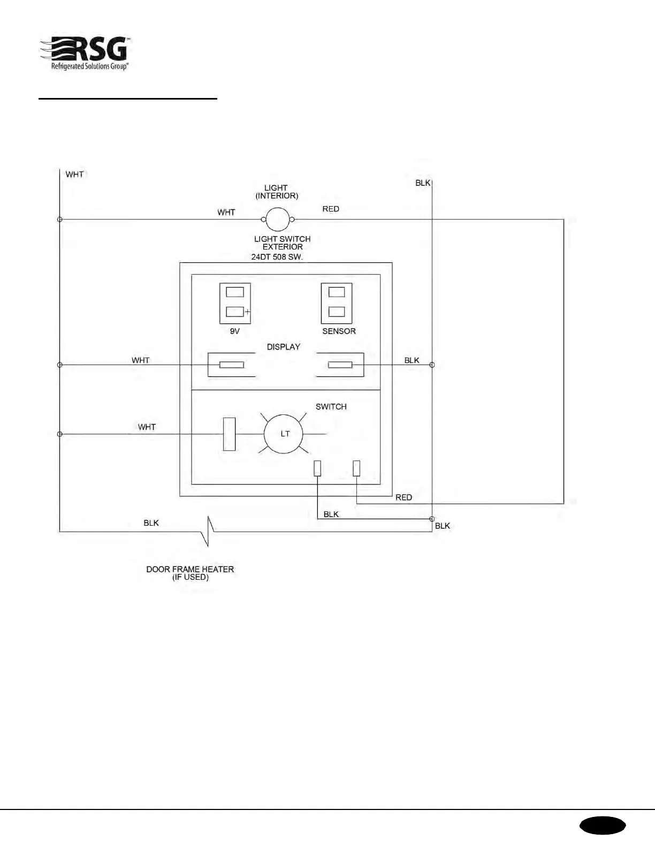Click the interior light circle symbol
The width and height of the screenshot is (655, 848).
[x=278, y=219]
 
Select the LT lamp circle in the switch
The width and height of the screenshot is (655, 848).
[x=284, y=434]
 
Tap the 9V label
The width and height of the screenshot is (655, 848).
[x=234, y=331]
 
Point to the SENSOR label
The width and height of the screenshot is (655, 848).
[x=339, y=331]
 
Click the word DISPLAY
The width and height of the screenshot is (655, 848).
[x=284, y=347]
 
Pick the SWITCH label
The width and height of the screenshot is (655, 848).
[x=331, y=407]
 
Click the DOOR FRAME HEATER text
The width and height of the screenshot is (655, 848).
[x=190, y=570]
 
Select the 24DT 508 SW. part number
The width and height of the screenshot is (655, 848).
[x=277, y=257]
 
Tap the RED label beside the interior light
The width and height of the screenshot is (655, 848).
[x=331, y=209]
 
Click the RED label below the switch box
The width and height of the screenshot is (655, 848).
[x=403, y=497]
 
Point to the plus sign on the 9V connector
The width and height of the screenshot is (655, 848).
[x=247, y=311]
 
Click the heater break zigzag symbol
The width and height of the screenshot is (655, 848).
[x=208, y=531]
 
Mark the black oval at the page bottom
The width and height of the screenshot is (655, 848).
[x=602, y=826]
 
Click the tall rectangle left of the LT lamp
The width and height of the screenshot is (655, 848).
[x=229, y=434]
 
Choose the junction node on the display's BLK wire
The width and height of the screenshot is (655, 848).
[x=432, y=365]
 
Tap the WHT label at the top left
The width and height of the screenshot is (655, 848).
[x=74, y=175]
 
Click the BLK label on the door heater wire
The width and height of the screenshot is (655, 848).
[x=151, y=523]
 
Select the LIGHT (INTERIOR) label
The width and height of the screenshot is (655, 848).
[x=276, y=192]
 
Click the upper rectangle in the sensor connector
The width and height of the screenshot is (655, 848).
[x=337, y=292]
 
